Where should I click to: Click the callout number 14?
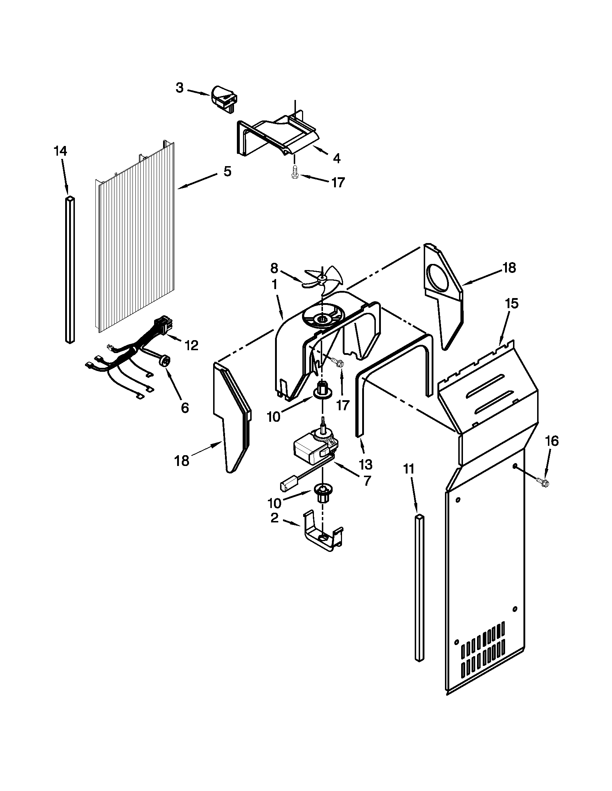tap(60, 151)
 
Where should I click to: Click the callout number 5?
tap(227, 171)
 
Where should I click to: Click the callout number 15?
tap(512, 303)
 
